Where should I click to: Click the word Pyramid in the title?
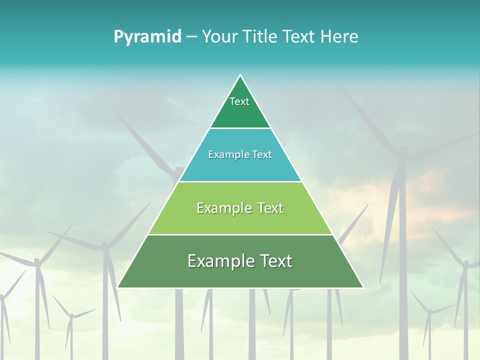click(147, 37)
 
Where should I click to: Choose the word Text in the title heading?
click(299, 37)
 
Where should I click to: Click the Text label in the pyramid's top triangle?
click(239, 101)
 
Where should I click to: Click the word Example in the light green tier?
click(223, 208)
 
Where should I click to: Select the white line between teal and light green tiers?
click(240, 181)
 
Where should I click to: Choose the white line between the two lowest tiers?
click(240, 234)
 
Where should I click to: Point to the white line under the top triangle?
click(240, 128)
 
